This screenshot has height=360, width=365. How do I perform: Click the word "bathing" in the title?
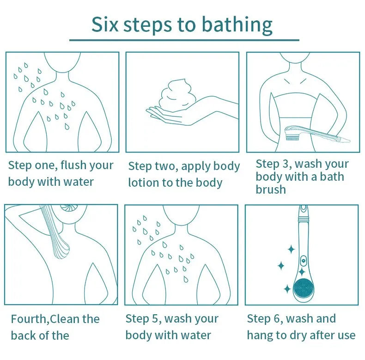click(x=237, y=25)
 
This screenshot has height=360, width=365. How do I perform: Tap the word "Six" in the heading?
click(x=105, y=24)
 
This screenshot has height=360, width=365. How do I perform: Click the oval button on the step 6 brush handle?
click(x=303, y=260)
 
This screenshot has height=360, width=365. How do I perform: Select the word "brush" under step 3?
click(x=271, y=189)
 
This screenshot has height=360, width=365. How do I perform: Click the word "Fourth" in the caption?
click(x=29, y=319)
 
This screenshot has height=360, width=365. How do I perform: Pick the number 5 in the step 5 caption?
click(x=155, y=318)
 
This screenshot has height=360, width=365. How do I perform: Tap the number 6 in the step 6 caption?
click(x=277, y=318)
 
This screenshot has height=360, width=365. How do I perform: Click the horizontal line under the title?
click(x=184, y=40)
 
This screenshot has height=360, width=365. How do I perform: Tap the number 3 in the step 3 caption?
click(x=286, y=164)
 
